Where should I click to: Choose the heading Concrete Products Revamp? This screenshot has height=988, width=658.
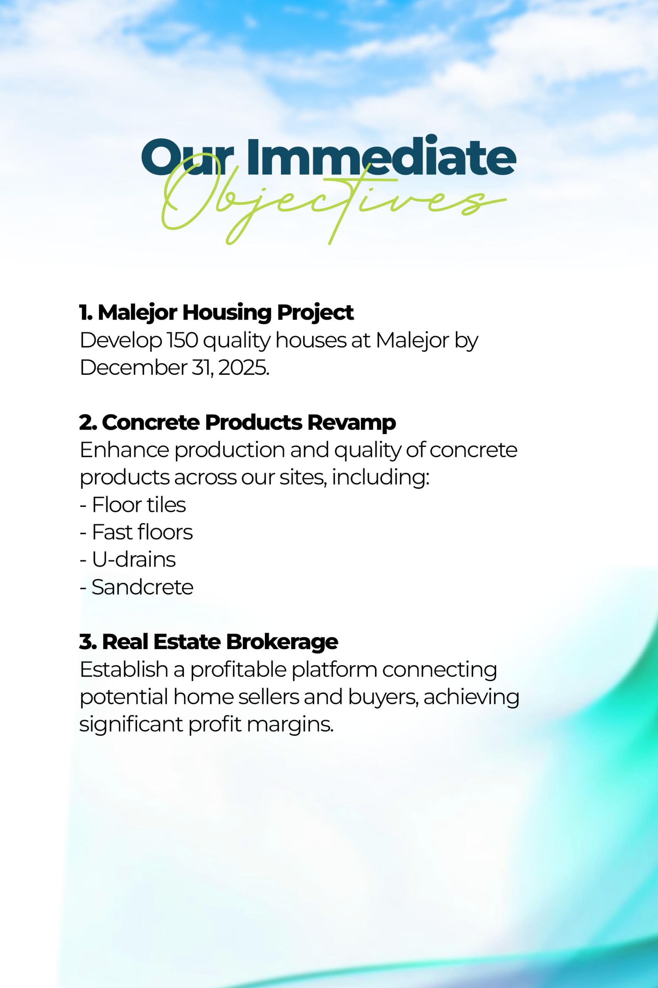[x=237, y=423]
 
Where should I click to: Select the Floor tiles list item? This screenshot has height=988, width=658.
[x=133, y=505]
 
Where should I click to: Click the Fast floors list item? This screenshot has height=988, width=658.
[x=136, y=532]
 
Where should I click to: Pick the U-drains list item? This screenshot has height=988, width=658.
[x=128, y=560]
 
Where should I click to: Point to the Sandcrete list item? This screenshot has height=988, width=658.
[x=136, y=587]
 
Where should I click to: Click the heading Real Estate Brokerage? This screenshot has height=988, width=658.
[x=209, y=642]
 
